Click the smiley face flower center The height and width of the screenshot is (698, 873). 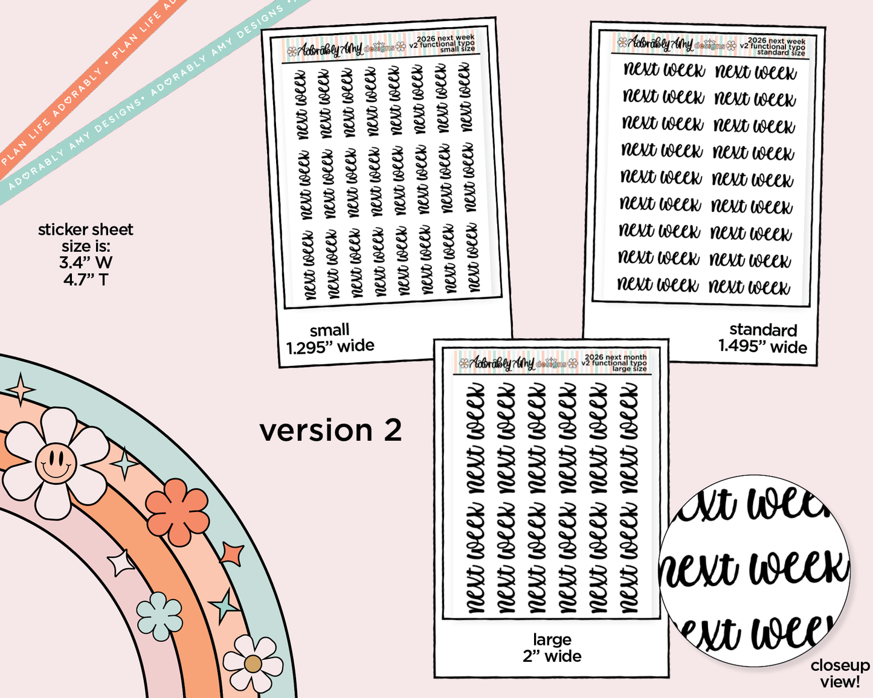56,463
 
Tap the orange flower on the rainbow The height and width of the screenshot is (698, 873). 178,511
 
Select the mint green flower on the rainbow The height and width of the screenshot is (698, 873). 159,616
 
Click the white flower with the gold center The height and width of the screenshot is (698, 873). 253,664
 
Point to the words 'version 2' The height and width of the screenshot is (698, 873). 330,431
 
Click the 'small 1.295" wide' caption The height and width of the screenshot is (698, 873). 330,338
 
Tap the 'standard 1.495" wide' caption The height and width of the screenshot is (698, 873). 762,338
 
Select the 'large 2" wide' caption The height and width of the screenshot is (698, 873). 552,648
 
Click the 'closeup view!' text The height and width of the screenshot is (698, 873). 840,673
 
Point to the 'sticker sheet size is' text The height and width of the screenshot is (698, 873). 86,254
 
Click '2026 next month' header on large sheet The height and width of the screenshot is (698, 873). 615,357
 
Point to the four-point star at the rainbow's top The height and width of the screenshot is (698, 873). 21,389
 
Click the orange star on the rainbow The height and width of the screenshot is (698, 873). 232,554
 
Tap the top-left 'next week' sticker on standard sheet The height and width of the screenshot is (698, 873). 664,70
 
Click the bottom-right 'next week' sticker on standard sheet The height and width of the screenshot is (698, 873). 749,287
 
